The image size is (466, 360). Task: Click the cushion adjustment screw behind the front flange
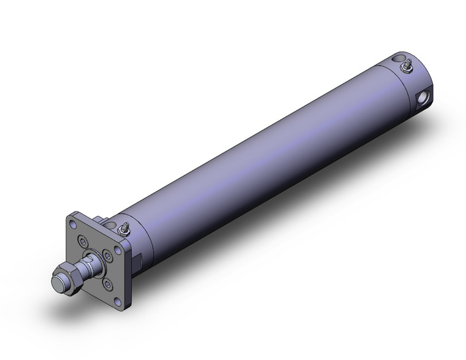pyautogui.click(x=124, y=228)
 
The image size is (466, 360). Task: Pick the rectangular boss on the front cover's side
pyautogui.click(x=138, y=260)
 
